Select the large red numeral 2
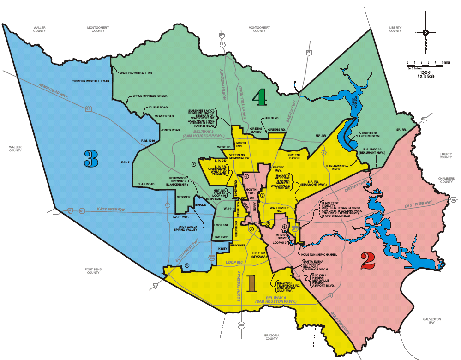[x=368, y=261]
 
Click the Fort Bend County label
[x=93, y=271]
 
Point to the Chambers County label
[x=446, y=180]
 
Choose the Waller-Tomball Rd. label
[x=137, y=73]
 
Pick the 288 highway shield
[x=242, y=325]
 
